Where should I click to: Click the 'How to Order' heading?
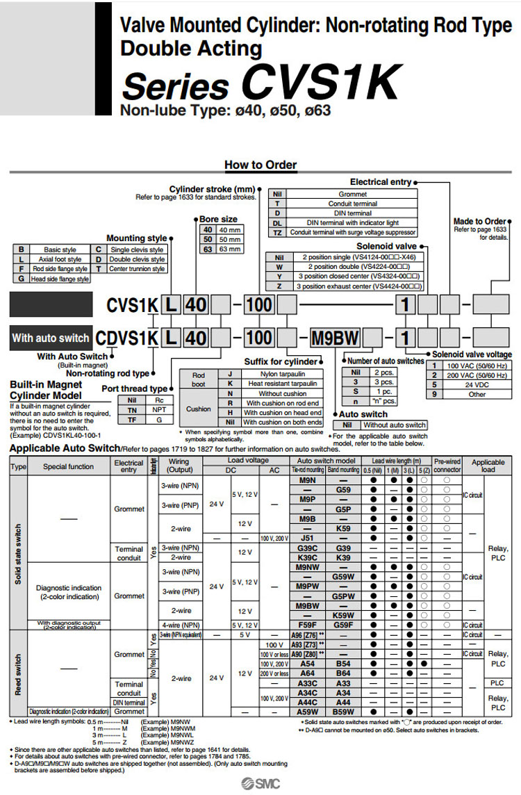pos(260,165)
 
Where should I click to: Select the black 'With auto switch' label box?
pos(51,338)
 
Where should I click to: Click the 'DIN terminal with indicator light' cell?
pos(352,222)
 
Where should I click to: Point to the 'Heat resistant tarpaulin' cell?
pos(283,383)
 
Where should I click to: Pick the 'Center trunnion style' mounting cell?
pos(138,268)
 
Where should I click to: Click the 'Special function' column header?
pos(68,466)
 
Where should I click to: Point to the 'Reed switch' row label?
pos(17,673)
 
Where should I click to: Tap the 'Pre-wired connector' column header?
pos(447,466)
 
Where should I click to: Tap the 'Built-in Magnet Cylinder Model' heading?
pos(46,389)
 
